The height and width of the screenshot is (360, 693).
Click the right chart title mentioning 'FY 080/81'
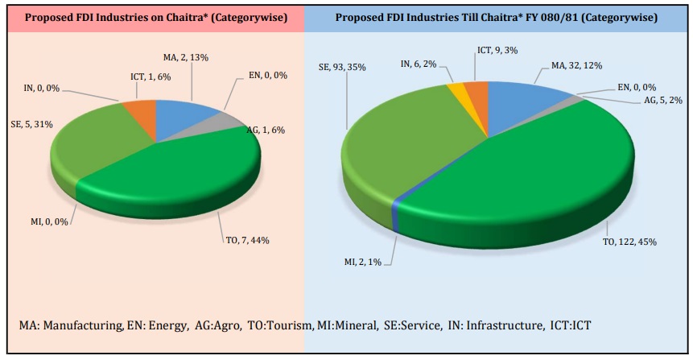(x=497, y=17)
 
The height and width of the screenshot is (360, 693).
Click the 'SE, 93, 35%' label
(x=344, y=68)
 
